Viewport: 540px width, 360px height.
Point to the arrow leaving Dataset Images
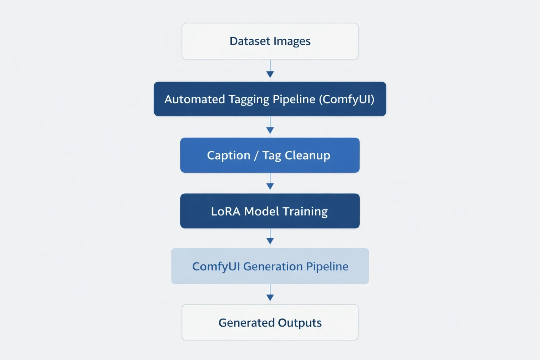(x=270, y=69)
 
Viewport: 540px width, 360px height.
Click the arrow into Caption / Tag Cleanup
(x=270, y=125)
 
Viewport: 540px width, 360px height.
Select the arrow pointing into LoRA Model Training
(x=270, y=181)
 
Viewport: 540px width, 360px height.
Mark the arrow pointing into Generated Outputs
(x=270, y=292)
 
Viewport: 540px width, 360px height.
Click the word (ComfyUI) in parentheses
(x=347, y=99)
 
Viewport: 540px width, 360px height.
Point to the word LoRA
(x=225, y=211)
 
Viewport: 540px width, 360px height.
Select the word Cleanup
(x=307, y=155)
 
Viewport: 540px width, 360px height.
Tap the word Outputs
(x=300, y=323)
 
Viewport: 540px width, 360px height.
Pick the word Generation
(x=273, y=266)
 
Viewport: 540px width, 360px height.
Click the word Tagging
(x=249, y=99)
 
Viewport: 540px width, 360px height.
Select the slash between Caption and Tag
(x=256, y=155)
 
